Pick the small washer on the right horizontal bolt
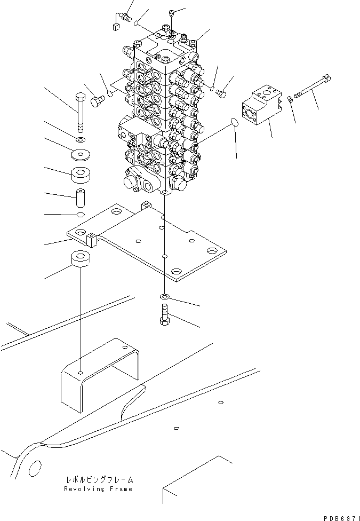tap(289, 98)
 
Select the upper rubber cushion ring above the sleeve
tap(82, 175)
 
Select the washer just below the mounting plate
tap(164, 296)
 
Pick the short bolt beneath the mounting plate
tap(164, 314)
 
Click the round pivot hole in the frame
tap(35, 468)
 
